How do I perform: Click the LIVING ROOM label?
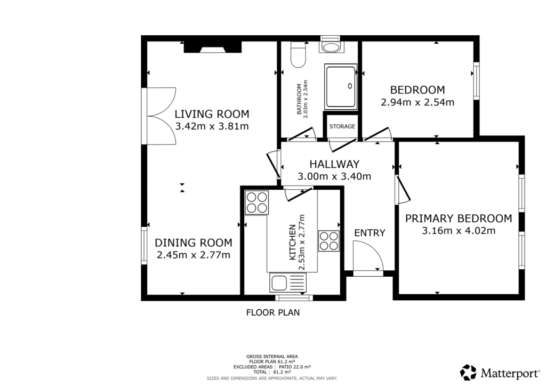[x=212, y=114]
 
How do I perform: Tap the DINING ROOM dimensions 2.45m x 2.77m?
[x=194, y=255]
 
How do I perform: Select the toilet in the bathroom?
[x=298, y=55]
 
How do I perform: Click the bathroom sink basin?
[x=332, y=47]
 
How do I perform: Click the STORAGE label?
[x=342, y=126]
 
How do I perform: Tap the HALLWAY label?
[x=335, y=164]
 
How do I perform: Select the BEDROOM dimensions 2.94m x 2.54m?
[x=417, y=102]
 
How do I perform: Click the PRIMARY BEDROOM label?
[x=459, y=218]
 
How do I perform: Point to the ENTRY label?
[x=370, y=232]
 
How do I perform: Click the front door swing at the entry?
[x=368, y=256]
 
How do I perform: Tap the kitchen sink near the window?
[x=287, y=282]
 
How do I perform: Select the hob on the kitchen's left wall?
[x=256, y=203]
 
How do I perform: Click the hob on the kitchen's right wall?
[x=328, y=240]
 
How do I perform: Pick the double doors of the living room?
[x=159, y=115]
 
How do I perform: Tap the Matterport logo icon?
[x=468, y=372]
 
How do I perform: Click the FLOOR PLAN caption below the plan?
[x=272, y=313]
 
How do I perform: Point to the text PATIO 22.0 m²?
[x=294, y=367]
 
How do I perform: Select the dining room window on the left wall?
[x=144, y=246]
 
